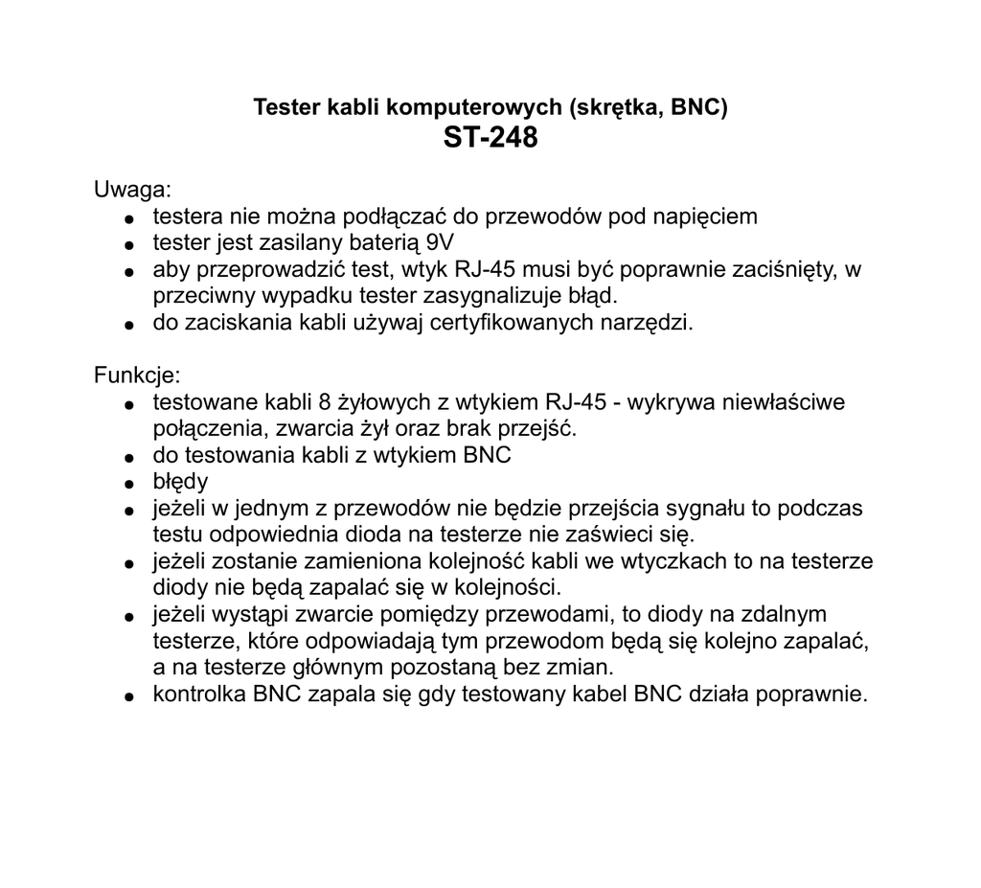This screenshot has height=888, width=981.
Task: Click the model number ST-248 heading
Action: tap(490, 139)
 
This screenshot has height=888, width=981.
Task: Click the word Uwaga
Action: tap(131, 189)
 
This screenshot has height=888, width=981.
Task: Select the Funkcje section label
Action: tap(136, 375)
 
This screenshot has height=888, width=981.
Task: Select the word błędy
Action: tap(180, 481)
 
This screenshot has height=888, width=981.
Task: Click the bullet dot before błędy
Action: tap(128, 483)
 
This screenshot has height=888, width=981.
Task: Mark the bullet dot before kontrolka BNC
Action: tap(128, 696)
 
